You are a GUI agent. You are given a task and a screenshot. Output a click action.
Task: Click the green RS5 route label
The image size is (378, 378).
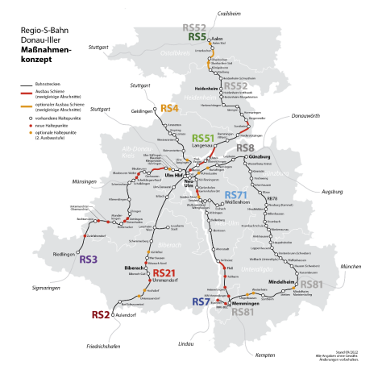197,37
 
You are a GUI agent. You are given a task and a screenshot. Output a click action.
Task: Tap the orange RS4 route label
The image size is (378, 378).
169,108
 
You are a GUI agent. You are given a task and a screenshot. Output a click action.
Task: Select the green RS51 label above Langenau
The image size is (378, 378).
204,138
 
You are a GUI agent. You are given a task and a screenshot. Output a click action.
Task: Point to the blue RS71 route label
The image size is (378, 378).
236,195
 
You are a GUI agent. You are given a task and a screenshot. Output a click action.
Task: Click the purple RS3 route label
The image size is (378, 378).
89,260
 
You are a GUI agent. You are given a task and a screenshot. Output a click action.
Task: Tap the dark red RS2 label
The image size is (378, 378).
101,315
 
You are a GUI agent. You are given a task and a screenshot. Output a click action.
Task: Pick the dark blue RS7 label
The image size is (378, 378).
201,301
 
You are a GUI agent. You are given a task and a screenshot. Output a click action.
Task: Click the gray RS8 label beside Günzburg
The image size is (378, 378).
245,148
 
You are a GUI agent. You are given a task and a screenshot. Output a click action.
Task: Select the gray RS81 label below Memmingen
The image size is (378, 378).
242,312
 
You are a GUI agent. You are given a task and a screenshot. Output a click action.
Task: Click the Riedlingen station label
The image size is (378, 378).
64,254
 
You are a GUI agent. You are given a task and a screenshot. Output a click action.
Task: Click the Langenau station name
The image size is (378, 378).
201,146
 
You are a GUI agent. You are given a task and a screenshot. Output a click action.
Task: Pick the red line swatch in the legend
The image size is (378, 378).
27,93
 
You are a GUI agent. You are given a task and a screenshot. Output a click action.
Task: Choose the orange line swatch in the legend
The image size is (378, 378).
27,106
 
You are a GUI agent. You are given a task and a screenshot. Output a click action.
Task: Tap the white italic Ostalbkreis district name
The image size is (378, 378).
175,53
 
